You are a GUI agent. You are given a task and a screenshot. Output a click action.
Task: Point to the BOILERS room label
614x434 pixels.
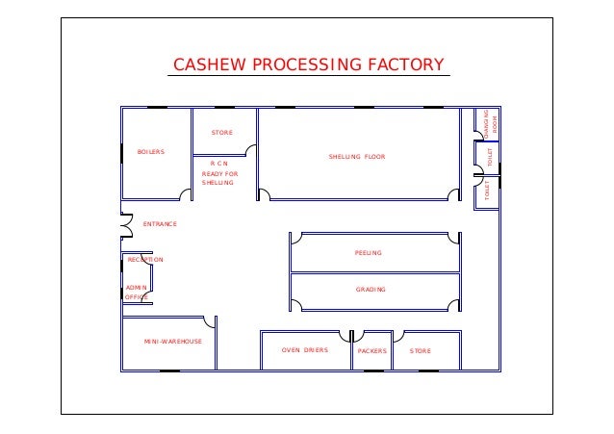click(151, 152)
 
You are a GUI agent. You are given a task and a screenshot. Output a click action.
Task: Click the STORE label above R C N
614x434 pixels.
click(222, 133)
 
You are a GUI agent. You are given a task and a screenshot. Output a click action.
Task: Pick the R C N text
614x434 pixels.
click(218, 165)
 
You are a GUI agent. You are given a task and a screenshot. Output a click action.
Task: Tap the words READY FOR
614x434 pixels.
click(219, 174)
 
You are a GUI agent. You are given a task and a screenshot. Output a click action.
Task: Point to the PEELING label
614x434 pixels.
click(369, 253)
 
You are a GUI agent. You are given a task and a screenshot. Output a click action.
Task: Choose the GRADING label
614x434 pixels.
click(371, 290)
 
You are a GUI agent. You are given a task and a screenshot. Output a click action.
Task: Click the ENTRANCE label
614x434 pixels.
click(160, 223)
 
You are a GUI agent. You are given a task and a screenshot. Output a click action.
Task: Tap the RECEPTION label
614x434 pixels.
click(145, 260)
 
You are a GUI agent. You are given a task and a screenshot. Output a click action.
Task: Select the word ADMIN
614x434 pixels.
click(136, 288)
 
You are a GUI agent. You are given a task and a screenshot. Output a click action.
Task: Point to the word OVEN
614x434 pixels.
click(291, 351)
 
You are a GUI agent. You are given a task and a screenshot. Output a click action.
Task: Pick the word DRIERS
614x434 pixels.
click(316, 351)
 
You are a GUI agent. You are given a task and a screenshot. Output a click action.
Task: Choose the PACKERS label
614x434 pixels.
click(371, 351)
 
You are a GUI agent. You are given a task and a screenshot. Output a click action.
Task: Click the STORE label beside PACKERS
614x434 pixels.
click(421, 351)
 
